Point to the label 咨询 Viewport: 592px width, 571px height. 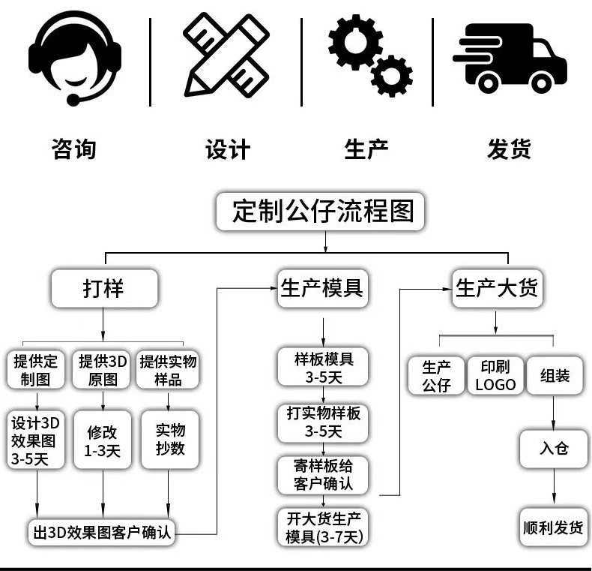pyautogui.click(x=74, y=149)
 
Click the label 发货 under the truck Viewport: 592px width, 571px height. pyautogui.click(x=509, y=149)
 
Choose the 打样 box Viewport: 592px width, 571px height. pyautogui.click(x=103, y=289)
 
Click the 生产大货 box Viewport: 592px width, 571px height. pyautogui.click(x=495, y=289)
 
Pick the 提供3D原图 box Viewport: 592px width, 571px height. pyautogui.click(x=103, y=370)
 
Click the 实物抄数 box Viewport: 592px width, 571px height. pyautogui.click(x=169, y=440)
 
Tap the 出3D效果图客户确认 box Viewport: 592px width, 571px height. pyautogui.click(x=103, y=533)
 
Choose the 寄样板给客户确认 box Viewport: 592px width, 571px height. pyautogui.click(x=324, y=474)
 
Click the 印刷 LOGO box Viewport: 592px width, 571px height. pyautogui.click(x=495, y=375)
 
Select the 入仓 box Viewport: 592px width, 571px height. pyautogui.click(x=554, y=449)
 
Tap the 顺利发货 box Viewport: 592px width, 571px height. pyautogui.click(x=554, y=527)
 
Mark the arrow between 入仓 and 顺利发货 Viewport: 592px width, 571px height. pyautogui.click(x=554, y=488)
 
